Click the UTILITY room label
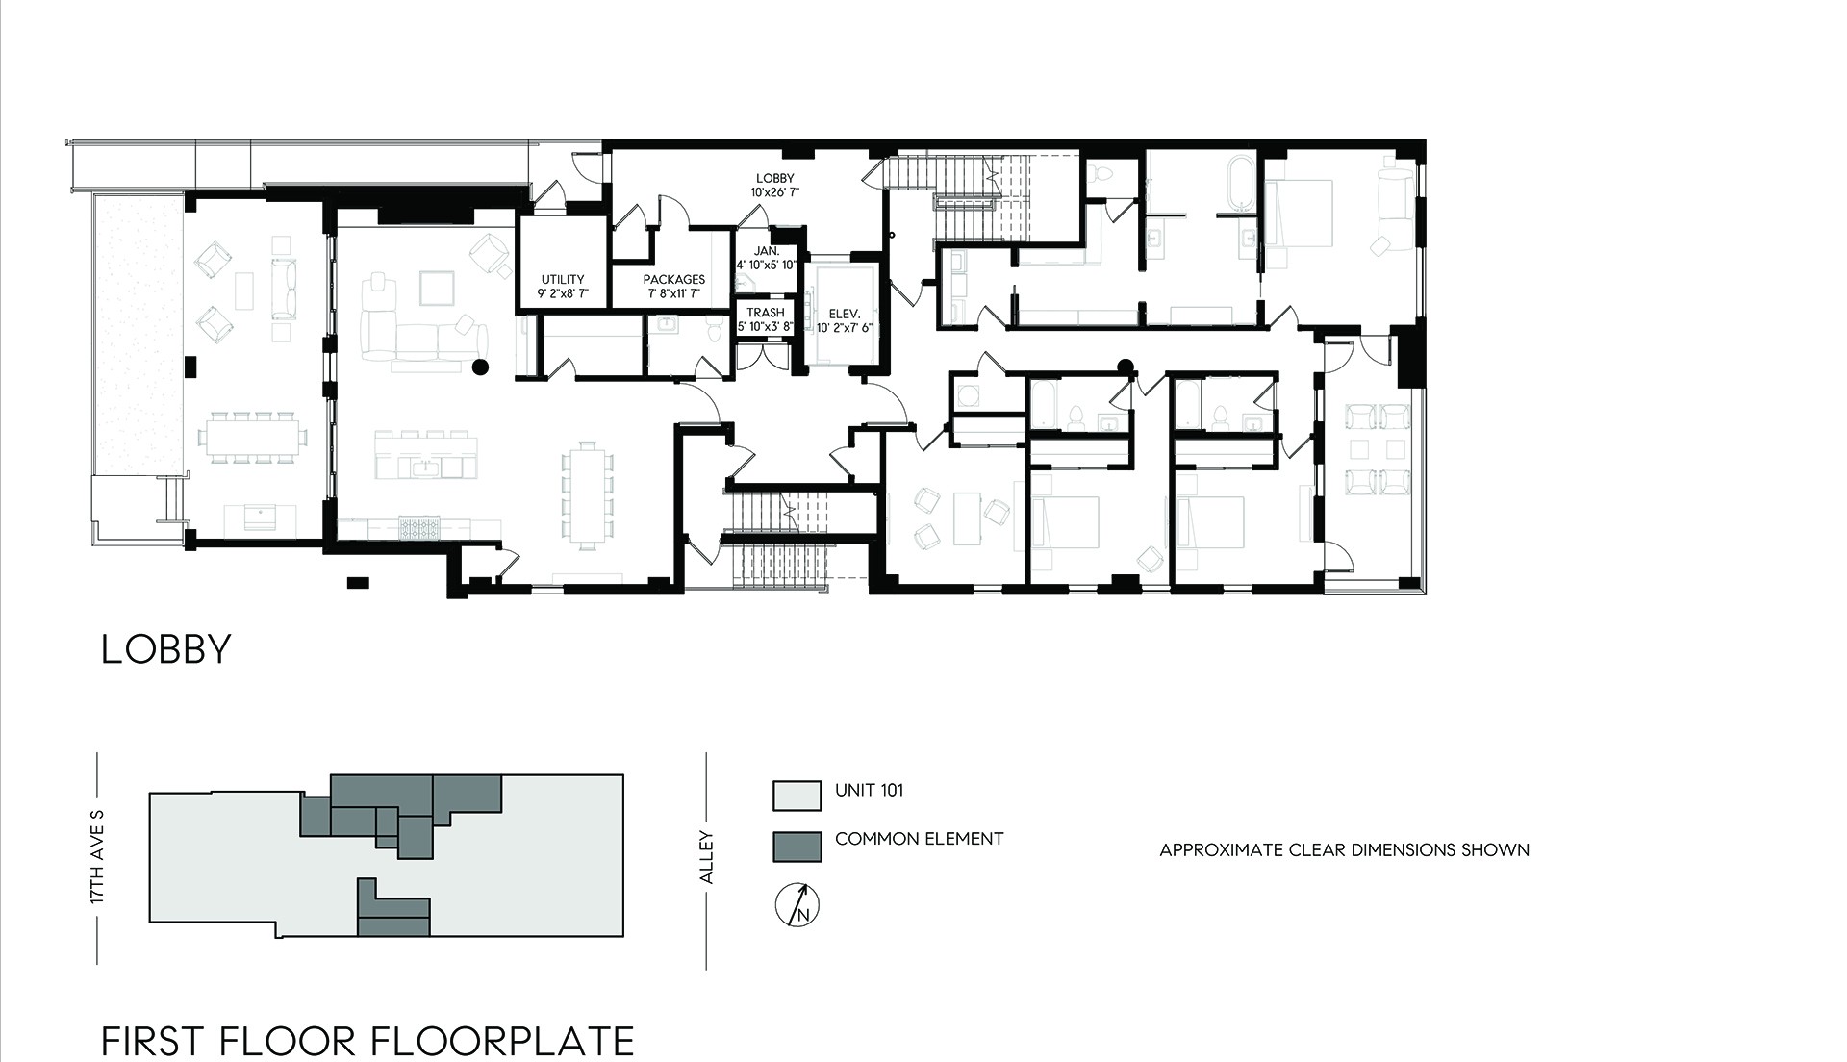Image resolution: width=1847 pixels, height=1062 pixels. pos(563,286)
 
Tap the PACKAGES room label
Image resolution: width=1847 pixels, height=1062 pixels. pos(673,286)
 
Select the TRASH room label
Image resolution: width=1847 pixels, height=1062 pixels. pos(766,319)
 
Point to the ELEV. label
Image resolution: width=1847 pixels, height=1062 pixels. pos(844,320)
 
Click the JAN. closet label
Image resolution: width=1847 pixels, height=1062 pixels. pos(767,258)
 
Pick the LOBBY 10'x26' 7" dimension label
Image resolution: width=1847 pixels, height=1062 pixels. pos(775,185)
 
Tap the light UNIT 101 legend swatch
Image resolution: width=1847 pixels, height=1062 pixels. pos(797,796)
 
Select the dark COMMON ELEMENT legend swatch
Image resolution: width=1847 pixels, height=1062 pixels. pos(797,847)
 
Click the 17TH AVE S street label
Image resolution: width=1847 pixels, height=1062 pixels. pos(96,856)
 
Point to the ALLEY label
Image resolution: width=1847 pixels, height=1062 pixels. pos(706,857)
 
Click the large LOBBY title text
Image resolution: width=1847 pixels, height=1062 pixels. pos(166,649)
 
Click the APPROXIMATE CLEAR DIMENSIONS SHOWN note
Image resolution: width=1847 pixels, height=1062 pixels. pos(1344,850)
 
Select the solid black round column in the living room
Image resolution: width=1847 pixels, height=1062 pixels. pos(480,367)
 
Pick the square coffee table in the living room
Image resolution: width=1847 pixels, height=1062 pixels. pos(438,288)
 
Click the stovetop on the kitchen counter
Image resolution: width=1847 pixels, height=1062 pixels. pos(420,528)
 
